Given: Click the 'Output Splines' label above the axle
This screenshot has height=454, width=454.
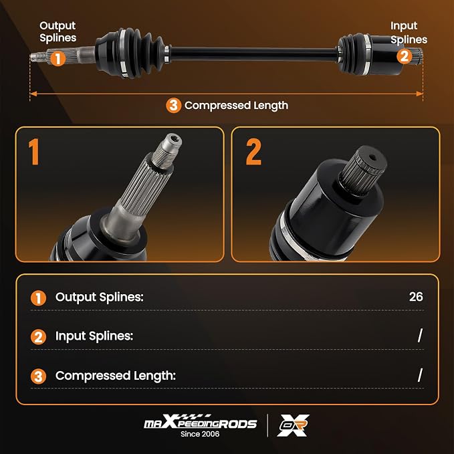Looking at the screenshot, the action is (58, 31).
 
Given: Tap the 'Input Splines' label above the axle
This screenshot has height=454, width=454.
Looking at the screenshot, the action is (409, 32).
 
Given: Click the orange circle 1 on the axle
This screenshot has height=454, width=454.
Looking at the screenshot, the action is (58, 59).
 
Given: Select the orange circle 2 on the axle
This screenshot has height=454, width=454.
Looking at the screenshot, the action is (405, 56).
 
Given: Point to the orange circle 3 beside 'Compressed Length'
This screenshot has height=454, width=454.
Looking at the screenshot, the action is (173, 106).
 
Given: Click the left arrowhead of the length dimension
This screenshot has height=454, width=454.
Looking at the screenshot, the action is (33, 94).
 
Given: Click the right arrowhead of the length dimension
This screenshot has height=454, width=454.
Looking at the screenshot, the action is (419, 94).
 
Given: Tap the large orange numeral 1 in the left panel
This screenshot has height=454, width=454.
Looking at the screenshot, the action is (34, 152).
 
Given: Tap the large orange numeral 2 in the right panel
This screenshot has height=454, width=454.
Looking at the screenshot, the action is (253, 152).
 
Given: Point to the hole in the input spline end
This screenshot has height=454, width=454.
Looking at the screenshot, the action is (372, 158).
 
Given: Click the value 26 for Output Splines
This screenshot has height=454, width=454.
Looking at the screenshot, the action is (416, 297).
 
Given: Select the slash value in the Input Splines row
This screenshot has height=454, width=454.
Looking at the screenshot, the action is (420, 336).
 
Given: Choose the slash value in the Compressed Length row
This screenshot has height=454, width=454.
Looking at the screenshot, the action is (420, 375).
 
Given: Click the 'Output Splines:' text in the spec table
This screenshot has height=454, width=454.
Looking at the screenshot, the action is (100, 297).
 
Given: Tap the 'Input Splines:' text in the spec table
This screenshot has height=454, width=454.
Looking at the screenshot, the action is (94, 336).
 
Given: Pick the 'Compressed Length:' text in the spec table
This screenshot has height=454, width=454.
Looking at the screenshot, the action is (116, 376).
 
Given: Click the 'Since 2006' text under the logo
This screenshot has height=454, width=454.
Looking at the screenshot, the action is (200, 434).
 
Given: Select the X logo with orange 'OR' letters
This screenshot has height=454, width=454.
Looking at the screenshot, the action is (293, 425).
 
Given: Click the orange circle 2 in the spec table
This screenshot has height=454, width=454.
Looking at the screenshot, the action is (38, 337).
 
